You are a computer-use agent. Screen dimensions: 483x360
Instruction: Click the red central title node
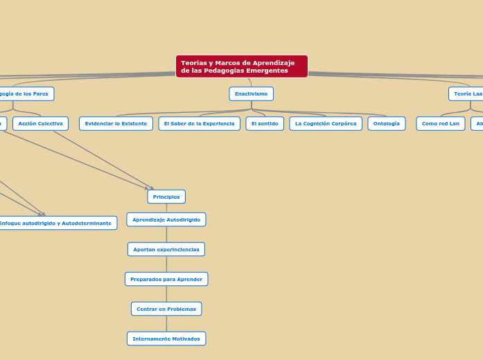(241, 66)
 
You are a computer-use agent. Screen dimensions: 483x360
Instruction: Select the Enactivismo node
(251, 93)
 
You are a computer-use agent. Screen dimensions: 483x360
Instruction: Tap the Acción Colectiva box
(40, 124)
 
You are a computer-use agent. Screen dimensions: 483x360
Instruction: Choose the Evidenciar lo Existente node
(116, 124)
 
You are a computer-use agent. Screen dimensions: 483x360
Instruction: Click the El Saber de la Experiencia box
(199, 124)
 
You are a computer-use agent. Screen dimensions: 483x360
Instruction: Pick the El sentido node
(265, 124)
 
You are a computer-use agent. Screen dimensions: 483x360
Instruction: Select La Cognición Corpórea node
(326, 124)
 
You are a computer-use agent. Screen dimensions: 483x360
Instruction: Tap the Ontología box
(386, 124)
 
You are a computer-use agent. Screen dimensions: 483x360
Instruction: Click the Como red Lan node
(440, 124)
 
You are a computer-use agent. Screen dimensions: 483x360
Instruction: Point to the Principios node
(166, 197)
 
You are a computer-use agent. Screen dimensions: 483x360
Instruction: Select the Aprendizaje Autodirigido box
(166, 219)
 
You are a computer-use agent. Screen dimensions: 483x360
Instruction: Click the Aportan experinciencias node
(166, 249)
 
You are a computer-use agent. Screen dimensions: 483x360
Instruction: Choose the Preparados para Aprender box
(166, 279)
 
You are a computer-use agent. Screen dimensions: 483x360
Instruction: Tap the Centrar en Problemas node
(166, 309)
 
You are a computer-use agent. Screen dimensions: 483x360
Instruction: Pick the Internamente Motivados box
(166, 339)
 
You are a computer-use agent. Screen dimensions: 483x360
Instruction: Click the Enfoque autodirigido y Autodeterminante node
(55, 223)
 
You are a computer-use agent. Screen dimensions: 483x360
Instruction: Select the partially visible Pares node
(25, 93)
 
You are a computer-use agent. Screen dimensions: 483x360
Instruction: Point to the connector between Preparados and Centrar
(166, 294)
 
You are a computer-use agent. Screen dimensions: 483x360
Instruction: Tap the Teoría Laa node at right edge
(467, 93)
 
